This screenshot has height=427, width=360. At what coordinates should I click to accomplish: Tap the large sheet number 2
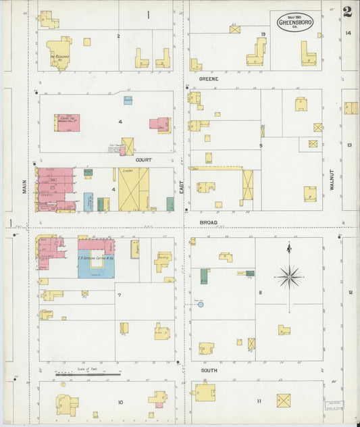(346, 11)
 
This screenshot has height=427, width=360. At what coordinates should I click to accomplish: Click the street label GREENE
(208, 79)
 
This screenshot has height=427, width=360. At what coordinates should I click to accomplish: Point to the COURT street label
(143, 160)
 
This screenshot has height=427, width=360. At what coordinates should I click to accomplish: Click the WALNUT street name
(332, 180)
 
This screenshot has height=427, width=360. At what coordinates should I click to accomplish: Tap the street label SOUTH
(209, 370)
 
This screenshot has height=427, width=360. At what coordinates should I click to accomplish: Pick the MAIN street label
(24, 186)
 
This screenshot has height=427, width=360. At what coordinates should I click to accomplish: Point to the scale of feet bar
(88, 374)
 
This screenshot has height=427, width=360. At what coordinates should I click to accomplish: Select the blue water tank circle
(201, 305)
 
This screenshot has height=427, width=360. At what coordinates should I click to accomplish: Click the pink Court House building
(68, 123)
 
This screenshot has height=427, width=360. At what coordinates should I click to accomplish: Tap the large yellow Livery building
(134, 189)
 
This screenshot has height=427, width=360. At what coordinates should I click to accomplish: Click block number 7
(119, 295)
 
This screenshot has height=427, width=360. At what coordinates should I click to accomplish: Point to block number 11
(258, 401)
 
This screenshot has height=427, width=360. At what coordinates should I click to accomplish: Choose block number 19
(263, 33)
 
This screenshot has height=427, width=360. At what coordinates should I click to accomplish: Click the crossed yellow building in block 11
(284, 401)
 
